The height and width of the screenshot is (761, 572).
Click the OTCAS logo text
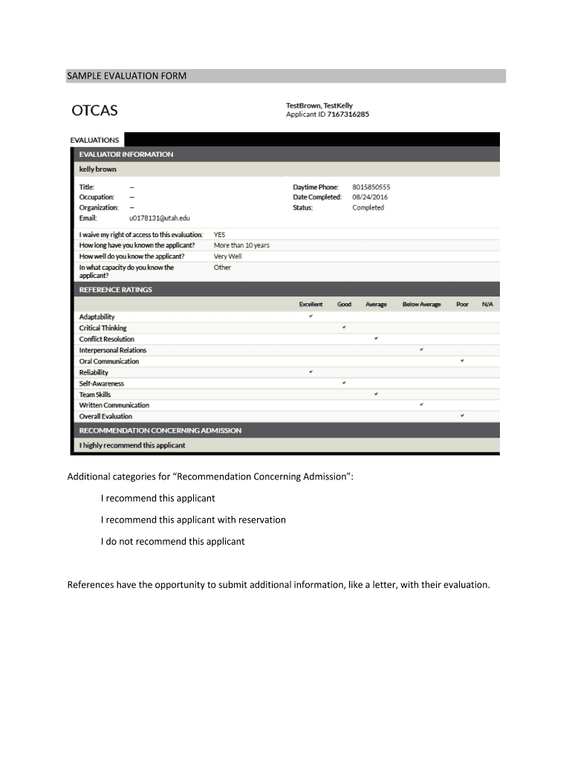click(x=94, y=111)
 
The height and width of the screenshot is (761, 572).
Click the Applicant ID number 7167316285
click(x=345, y=114)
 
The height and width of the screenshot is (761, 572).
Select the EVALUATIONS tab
click(x=94, y=140)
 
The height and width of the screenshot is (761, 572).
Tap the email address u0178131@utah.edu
click(x=160, y=218)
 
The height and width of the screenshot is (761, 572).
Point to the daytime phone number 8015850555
click(x=371, y=187)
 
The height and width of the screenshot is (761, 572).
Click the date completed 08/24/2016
click(x=370, y=197)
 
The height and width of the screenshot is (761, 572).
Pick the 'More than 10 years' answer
click(x=241, y=245)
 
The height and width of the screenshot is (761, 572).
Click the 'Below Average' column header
click(x=421, y=305)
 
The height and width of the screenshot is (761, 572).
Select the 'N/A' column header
click(x=487, y=305)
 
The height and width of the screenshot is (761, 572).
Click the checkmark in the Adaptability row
click(x=311, y=317)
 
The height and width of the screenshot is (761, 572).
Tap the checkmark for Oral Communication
click(x=462, y=360)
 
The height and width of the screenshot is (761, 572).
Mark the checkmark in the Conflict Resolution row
click(x=377, y=338)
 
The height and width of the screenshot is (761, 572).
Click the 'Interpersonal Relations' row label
click(x=113, y=350)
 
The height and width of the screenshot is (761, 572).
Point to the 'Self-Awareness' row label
click(x=102, y=383)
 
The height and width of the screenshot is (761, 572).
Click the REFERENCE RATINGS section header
click(x=116, y=289)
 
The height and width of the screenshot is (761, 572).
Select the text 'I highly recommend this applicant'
click(x=132, y=445)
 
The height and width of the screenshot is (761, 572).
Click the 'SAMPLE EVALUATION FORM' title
click(x=127, y=76)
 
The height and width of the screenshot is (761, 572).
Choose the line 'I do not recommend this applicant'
click(x=172, y=541)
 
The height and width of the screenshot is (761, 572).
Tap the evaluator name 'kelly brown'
click(x=98, y=169)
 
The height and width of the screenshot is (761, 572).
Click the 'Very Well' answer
click(x=227, y=256)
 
